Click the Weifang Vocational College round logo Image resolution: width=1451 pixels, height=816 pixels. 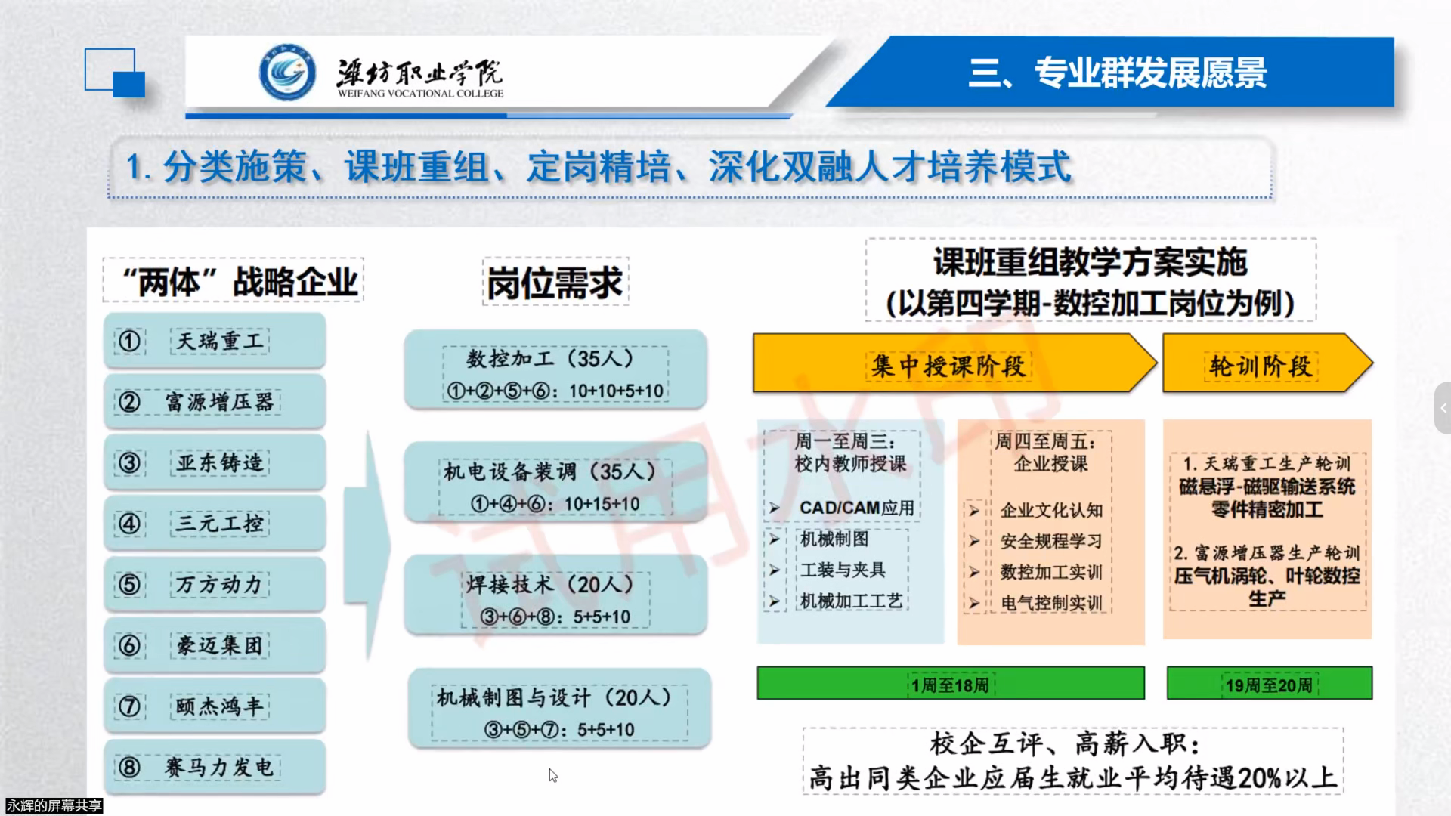[x=287, y=73]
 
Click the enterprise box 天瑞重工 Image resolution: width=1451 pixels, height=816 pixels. [x=215, y=341]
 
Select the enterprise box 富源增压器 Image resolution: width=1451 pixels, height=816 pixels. [x=215, y=402]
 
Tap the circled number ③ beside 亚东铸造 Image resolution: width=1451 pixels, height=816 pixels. [x=129, y=462]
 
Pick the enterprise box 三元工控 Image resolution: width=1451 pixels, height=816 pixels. [x=215, y=523]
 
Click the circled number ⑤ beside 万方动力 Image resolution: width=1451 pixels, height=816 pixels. [x=129, y=584]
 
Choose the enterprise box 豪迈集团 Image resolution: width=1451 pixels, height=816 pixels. [x=215, y=645]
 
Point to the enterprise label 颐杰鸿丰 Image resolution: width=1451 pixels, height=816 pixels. [x=219, y=706]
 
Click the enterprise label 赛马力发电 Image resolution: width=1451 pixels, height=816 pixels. [x=219, y=768]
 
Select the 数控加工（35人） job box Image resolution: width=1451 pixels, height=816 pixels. [x=555, y=369]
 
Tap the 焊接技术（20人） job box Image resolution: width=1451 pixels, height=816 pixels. [x=555, y=595]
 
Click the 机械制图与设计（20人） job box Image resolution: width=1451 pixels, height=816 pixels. [x=559, y=708]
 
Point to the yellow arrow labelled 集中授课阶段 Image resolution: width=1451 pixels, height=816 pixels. [x=954, y=364]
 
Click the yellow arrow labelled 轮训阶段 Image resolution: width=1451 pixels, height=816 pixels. [x=1267, y=364]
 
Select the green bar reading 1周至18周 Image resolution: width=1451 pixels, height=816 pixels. [x=951, y=683]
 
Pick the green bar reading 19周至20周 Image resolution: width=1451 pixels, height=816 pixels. [x=1270, y=683]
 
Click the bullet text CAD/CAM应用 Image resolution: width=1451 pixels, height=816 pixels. [x=857, y=508]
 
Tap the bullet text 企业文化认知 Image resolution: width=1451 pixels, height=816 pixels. [x=1051, y=511]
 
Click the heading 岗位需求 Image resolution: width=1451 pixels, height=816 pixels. [x=555, y=283]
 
